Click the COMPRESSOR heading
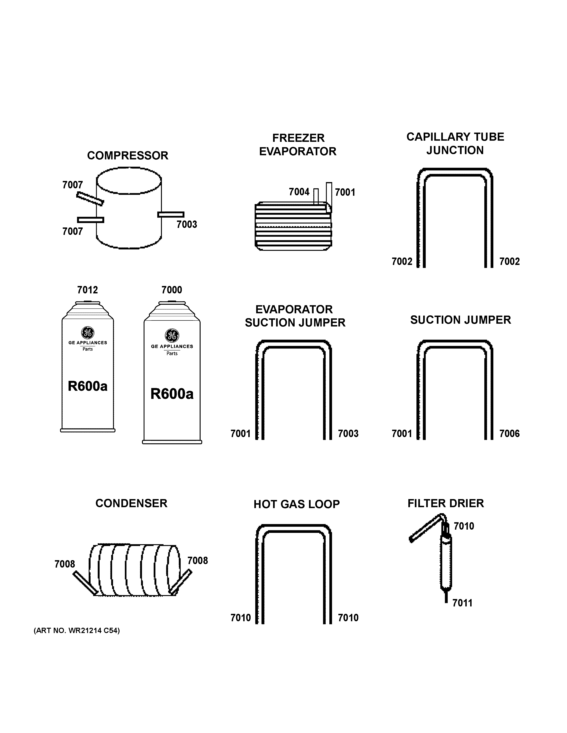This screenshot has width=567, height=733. coord(128,156)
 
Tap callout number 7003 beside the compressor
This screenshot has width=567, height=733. coord(187,224)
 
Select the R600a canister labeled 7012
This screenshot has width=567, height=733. coord(88,369)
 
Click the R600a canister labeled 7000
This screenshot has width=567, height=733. coord(172,376)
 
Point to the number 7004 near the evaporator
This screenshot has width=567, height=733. coord(299,192)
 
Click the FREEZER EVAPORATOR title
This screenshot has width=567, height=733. coord(298,145)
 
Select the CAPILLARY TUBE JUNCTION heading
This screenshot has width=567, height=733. coord(455,144)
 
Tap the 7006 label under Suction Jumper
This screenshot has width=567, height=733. coord(509,434)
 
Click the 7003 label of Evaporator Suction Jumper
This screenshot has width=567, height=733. coord(348,434)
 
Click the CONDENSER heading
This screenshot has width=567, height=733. coord(131,503)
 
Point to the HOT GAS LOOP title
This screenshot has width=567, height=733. coord(297,504)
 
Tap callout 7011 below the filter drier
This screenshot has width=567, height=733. coord(462,603)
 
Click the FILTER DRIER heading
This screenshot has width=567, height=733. coord(446,503)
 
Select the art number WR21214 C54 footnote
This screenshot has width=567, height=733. coord(77,631)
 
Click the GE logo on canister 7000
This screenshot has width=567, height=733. coord(172,335)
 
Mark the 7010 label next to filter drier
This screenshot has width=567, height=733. coord(464,526)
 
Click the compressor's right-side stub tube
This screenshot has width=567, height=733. coord(171,214)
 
